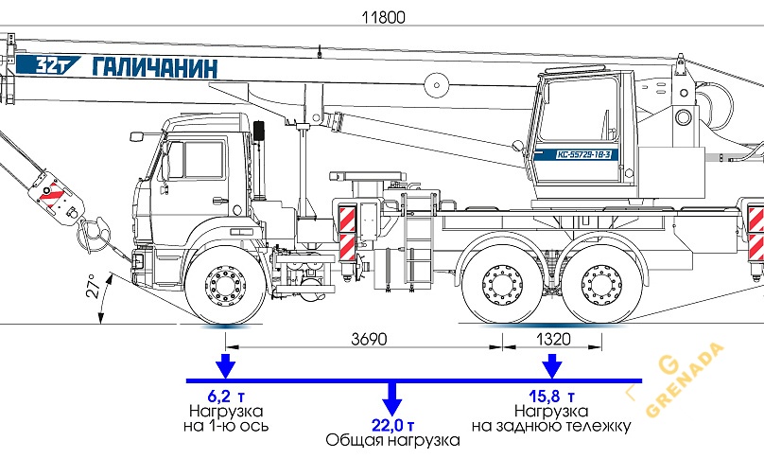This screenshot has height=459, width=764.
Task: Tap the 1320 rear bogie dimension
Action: pyautogui.click(x=551, y=339)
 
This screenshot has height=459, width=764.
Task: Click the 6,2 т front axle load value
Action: pyautogui.click(x=225, y=396)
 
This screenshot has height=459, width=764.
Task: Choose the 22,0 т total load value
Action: pyautogui.click(x=391, y=424)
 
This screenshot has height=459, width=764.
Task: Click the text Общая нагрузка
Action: pyautogui.click(x=391, y=441)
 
